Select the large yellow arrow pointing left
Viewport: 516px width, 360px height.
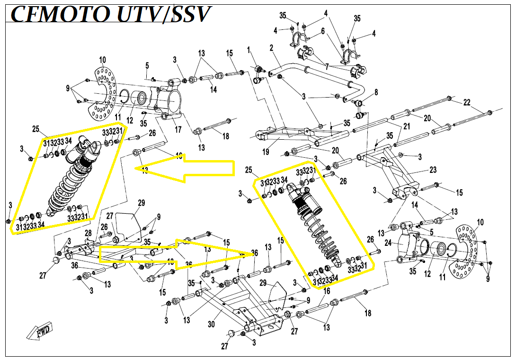coord(189,168)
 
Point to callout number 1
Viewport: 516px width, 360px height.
coord(249,50)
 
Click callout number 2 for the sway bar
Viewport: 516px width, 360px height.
coord(272,48)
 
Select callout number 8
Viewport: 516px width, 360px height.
coord(376,91)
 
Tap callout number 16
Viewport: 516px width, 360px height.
coord(327,291)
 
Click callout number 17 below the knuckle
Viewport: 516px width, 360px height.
coord(178,129)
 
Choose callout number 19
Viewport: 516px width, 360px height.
coord(266,152)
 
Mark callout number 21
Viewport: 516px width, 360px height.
coord(406,126)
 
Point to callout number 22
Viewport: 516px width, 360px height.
coord(467,102)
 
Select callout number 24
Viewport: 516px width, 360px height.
coord(387,243)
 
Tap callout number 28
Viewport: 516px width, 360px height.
coord(88,233)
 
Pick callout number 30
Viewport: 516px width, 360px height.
coord(211,324)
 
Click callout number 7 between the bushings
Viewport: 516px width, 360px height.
coord(326,67)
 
